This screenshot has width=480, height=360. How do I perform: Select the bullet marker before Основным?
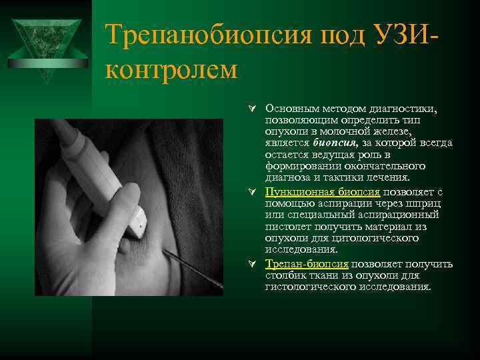253,108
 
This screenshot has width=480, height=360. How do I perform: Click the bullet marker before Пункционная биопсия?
253,192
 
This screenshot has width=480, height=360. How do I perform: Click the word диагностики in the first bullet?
407,107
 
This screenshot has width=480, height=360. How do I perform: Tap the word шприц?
439,203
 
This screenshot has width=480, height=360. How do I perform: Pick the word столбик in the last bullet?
285,275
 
